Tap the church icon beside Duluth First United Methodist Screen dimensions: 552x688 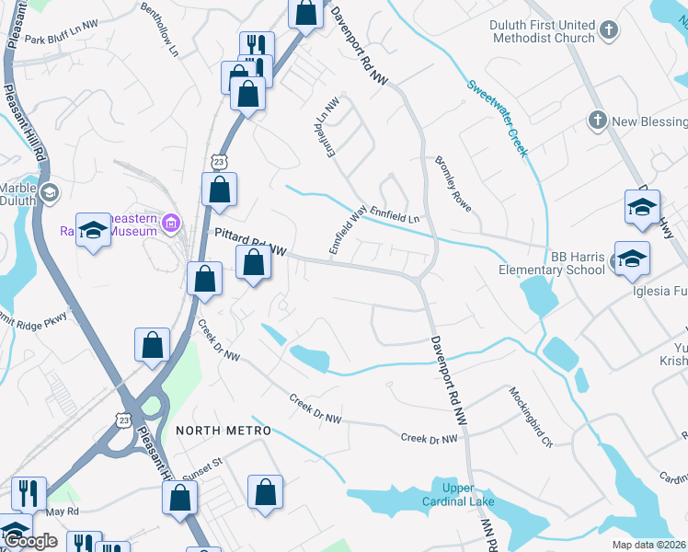(608, 32)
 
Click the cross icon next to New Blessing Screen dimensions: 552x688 (597, 121)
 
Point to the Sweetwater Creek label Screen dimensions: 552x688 (498, 118)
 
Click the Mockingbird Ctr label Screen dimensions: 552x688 (533, 417)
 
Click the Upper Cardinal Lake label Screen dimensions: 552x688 (446, 495)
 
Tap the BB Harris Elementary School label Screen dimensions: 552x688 (552, 263)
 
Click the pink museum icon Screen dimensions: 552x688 (170, 222)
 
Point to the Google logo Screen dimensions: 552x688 (30, 541)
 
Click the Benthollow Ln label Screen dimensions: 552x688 (159, 29)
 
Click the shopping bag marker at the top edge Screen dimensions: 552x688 (306, 14)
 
